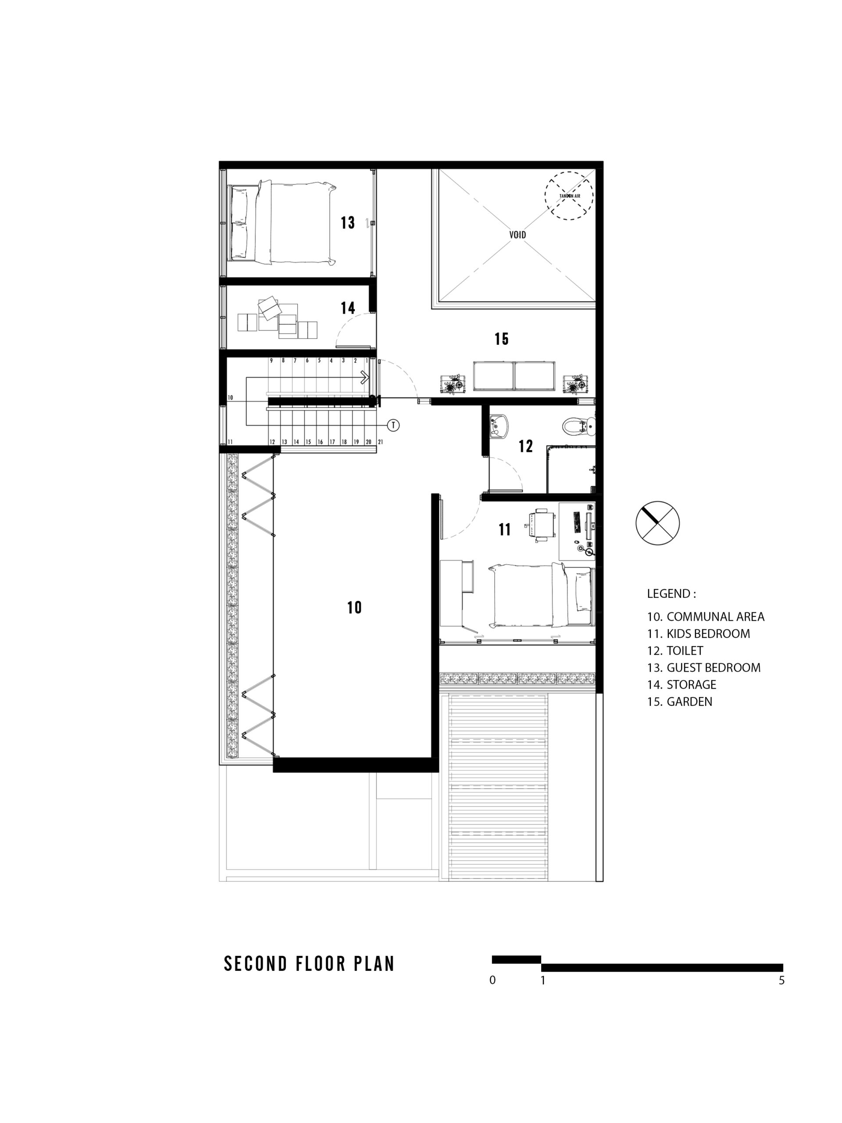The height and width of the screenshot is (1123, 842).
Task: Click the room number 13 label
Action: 348,222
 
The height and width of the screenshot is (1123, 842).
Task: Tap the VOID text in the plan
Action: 517,235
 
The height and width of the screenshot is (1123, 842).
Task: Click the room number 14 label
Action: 348,308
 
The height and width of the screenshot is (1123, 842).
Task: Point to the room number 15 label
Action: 501,339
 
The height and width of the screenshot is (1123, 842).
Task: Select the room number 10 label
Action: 354,607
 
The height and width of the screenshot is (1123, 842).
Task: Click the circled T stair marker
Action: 393,425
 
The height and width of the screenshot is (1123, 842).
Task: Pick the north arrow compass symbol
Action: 657,523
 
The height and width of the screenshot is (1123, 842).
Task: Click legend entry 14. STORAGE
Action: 681,684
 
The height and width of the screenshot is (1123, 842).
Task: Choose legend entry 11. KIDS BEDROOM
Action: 698,633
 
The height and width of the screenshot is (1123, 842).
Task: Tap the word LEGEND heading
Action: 671,594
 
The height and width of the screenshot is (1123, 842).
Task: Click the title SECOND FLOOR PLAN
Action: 309,964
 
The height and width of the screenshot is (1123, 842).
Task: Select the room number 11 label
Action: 504,529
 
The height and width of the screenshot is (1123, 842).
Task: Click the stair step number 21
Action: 380,442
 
